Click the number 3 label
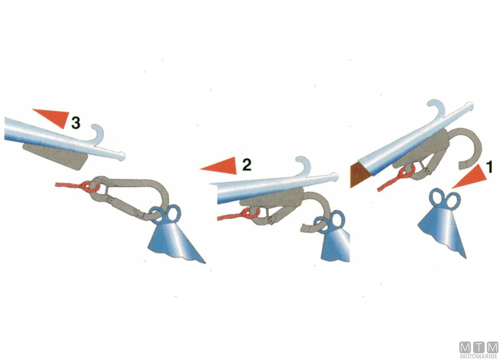click(x=76, y=123)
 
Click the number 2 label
click(x=247, y=165)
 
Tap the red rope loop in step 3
click(x=90, y=187)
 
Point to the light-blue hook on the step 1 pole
click(x=435, y=108)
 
